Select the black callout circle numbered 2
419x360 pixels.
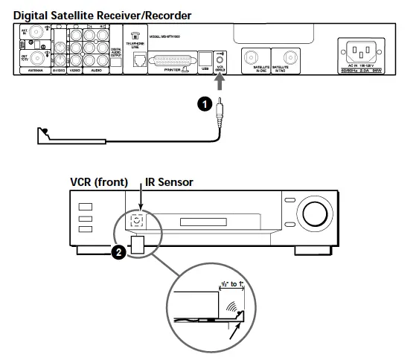(x=116, y=253)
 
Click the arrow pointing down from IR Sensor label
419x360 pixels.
(x=138, y=199)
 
